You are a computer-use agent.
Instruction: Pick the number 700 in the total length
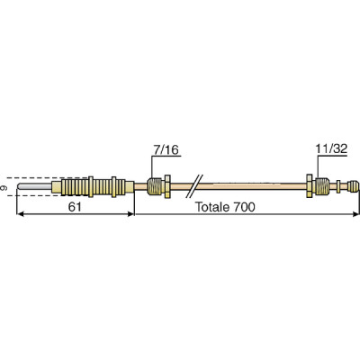(x=245, y=206)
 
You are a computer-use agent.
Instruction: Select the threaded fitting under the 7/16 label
(x=161, y=187)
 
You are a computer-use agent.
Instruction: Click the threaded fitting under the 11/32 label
(x=322, y=187)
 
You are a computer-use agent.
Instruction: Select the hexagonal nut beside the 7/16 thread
(x=152, y=187)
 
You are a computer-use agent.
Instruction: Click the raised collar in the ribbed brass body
(x=114, y=188)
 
